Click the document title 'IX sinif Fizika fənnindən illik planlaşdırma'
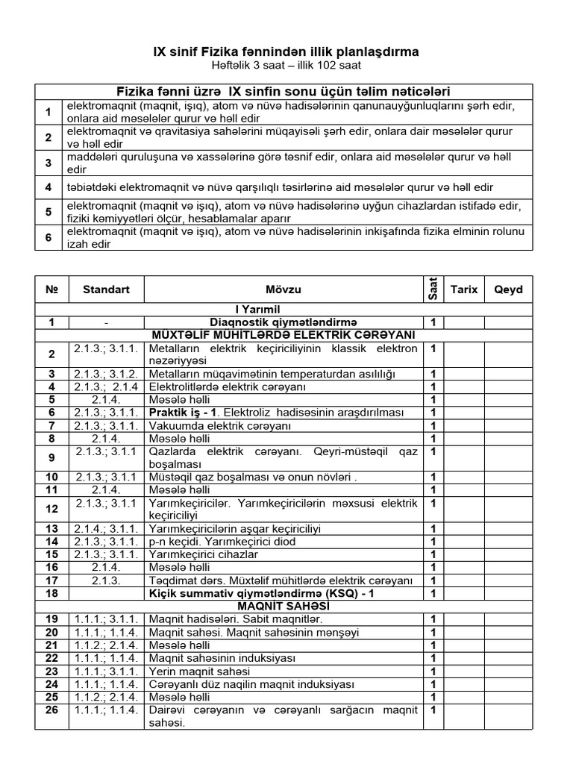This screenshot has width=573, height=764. pos(286,51)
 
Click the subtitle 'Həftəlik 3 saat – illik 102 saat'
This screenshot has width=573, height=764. pos(286,66)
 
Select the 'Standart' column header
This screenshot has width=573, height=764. pos(106,289)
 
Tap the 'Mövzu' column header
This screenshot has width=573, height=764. pos(284,289)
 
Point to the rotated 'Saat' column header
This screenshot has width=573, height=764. pos(432,289)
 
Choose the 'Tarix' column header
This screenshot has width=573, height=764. pos(464,289)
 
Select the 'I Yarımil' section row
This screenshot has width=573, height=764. pos(284,309)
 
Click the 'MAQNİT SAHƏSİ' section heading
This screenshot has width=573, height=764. pos(284,606)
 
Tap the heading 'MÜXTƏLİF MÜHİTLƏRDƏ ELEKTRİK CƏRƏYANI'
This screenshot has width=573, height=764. pos(284,334)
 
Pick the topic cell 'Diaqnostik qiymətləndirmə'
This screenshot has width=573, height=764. pos(284,322)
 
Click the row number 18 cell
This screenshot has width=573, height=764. pos(51,593)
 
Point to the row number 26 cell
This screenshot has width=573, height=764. pos(51,710)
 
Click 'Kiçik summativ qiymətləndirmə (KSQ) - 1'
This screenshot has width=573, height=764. pos(284,593)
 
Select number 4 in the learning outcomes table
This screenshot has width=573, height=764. pos(48,187)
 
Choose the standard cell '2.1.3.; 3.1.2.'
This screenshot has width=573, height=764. pos(106,374)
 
